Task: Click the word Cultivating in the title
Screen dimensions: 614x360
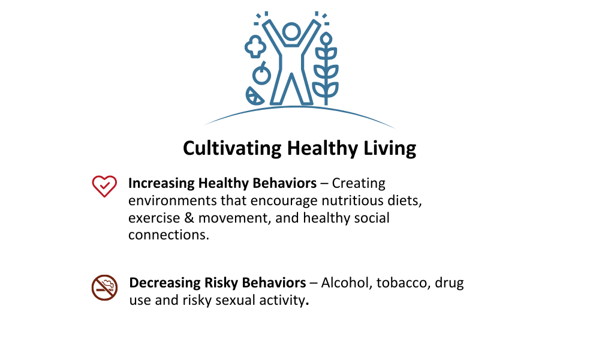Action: point(232,149)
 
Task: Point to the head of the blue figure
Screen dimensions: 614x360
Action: point(291,32)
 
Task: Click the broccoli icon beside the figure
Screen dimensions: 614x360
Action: point(255,46)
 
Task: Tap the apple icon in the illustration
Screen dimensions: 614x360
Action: point(261,73)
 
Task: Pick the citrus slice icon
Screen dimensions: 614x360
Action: point(254,97)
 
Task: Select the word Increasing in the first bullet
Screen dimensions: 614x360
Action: point(161,184)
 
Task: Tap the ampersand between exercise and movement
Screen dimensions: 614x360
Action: point(189,218)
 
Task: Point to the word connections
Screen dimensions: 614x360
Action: point(168,235)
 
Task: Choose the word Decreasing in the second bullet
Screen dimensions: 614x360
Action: point(165,283)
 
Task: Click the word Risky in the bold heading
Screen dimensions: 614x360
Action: point(221,283)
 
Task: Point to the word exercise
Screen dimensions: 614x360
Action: point(154,218)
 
